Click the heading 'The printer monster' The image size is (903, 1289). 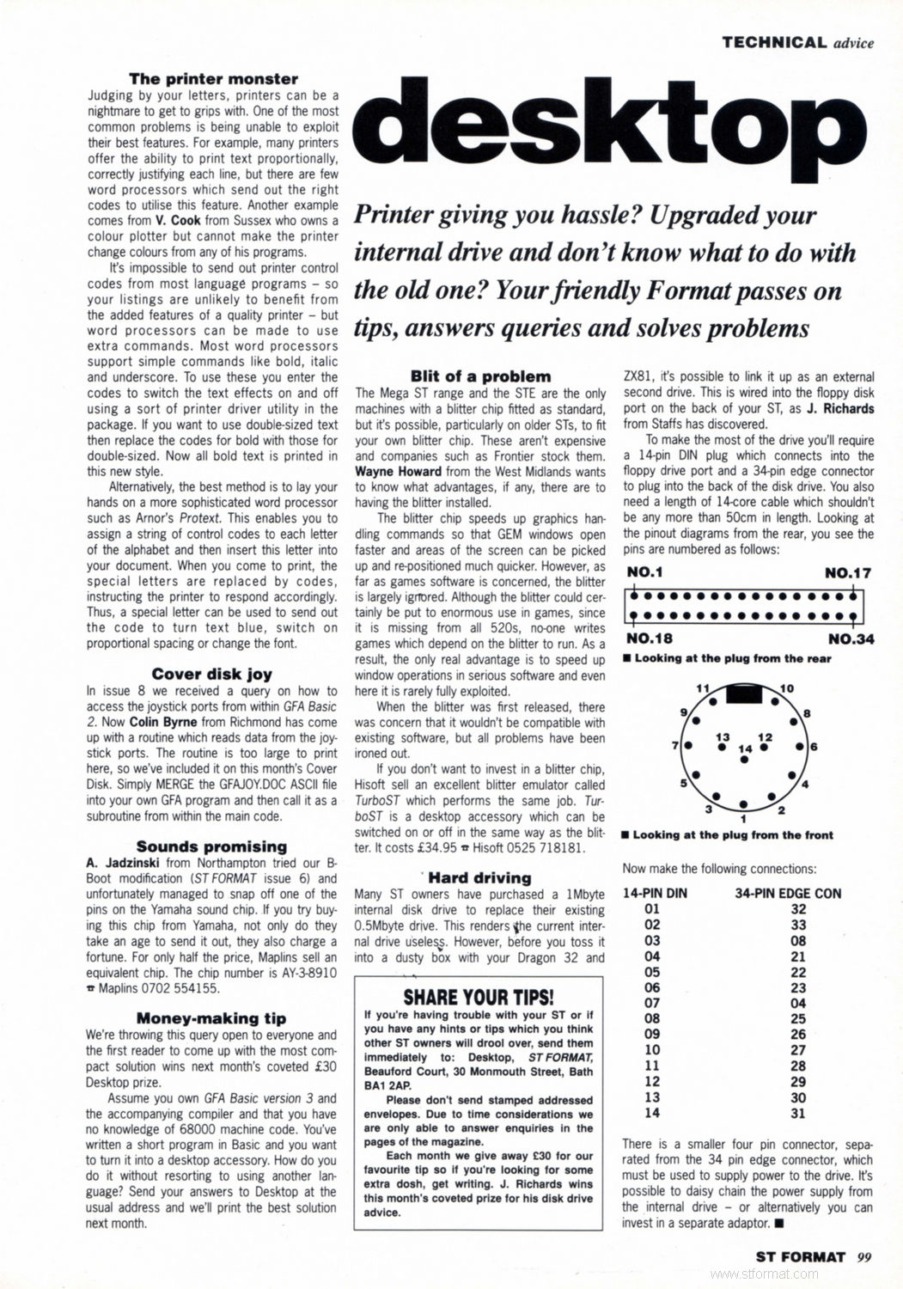click(213, 79)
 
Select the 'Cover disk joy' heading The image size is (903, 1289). click(213, 675)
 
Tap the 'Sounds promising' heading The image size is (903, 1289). click(211, 846)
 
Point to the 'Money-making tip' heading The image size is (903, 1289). click(211, 1018)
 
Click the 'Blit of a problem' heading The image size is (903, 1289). click(480, 376)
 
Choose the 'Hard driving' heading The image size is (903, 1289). click(479, 877)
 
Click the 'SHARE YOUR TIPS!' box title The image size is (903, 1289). click(479, 997)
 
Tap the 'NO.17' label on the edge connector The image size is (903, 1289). click(848, 573)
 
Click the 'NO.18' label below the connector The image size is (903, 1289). click(650, 638)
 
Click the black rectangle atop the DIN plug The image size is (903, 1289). click(744, 694)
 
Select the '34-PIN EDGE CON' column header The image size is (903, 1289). click(788, 893)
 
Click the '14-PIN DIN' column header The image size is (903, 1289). click(655, 893)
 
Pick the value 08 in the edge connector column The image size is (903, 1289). click(798, 940)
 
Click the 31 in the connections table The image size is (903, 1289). click(798, 1113)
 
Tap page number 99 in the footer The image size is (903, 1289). click(864, 1256)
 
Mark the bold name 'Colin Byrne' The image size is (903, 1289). click(163, 723)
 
